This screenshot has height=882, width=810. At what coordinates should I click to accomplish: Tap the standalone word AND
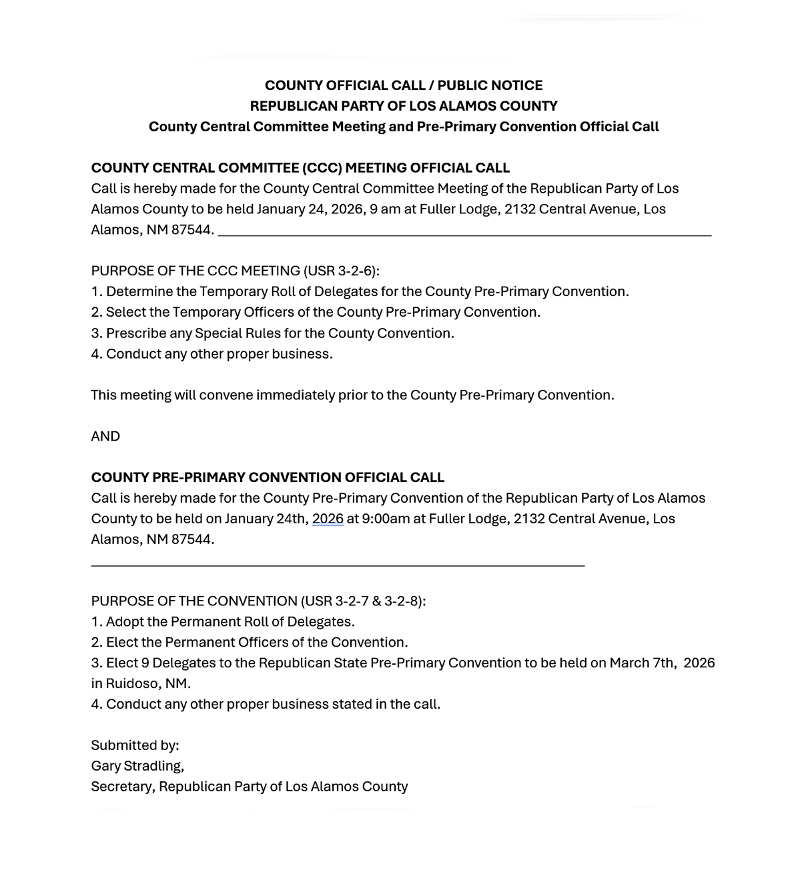(x=105, y=437)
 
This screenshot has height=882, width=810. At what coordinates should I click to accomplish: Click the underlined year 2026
(x=328, y=519)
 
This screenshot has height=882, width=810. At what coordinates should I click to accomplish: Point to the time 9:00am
(x=386, y=519)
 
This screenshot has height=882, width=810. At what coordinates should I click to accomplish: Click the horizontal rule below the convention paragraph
(x=338, y=565)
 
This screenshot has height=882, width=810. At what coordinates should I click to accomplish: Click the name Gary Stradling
(x=137, y=767)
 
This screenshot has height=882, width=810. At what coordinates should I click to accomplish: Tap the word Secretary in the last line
(x=123, y=787)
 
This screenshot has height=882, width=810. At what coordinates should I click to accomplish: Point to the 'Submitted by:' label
(x=135, y=746)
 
